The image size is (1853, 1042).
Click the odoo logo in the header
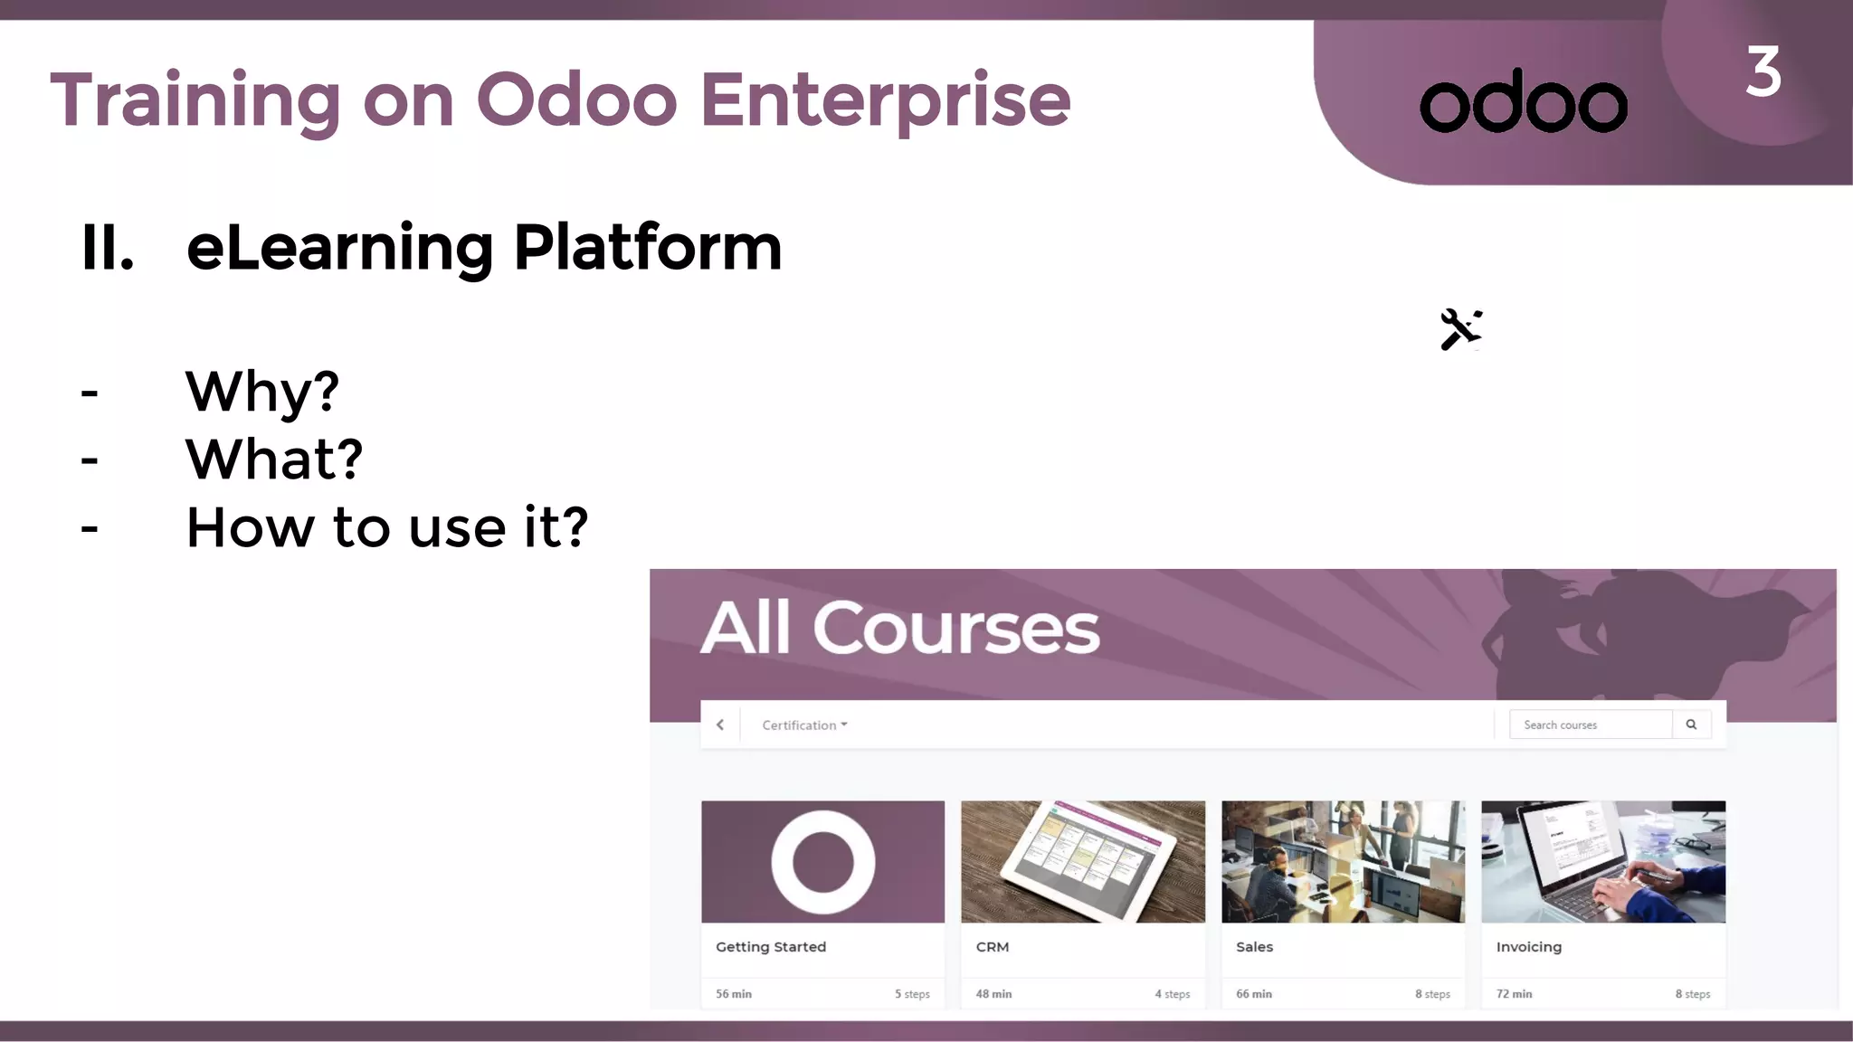[1524, 101]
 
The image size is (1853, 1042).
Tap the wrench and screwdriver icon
[1460, 329]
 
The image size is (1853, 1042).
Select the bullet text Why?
[261, 392]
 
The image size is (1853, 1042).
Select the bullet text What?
[274, 459]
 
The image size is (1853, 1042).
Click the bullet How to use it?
[387, 526]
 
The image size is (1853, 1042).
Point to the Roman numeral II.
[107, 247]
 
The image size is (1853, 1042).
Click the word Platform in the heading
[647, 247]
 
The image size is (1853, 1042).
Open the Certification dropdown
[804, 725]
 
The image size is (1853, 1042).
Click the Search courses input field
[1590, 725]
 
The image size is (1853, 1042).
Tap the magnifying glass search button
[1691, 725]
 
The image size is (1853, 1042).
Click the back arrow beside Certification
[720, 725]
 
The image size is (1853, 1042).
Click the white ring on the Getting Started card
[822, 862]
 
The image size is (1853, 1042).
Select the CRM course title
[992, 946]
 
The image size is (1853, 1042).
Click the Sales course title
[1254, 946]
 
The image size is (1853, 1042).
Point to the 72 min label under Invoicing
[1514, 993]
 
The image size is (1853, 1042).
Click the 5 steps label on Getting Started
[912, 993]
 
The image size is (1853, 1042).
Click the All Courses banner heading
[900, 628]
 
